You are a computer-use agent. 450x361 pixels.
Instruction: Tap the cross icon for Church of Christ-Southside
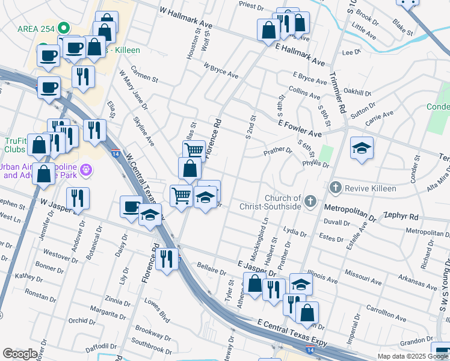click(x=310, y=201)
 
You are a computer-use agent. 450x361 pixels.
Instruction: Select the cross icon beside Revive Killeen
click(x=336, y=188)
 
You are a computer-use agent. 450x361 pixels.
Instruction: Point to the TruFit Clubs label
click(x=16, y=146)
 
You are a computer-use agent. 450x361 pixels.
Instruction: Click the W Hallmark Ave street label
click(x=186, y=18)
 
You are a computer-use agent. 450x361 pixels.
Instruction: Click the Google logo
click(x=20, y=354)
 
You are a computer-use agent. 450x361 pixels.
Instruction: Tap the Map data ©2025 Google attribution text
click(x=413, y=356)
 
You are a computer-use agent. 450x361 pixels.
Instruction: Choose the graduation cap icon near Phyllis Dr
click(x=362, y=148)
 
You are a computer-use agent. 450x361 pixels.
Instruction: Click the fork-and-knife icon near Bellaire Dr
click(x=167, y=259)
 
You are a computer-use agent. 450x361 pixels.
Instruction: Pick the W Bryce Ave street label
click(x=221, y=72)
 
